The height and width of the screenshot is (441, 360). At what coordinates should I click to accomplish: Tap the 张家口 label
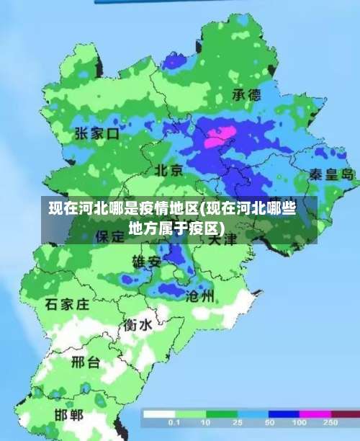pos(97,133)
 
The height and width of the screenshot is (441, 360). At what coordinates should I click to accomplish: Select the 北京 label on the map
pos(169,171)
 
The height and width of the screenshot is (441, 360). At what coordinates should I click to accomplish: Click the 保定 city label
pos(110,236)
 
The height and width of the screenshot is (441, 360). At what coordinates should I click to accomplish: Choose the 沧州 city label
pos(200,295)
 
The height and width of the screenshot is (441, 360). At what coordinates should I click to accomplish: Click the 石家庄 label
pos(67,304)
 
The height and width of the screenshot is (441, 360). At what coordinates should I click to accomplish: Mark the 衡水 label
pos(137,325)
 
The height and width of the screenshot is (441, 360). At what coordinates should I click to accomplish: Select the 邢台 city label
pos(86,362)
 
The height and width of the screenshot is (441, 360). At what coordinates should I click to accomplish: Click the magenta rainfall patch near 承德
pos(220,136)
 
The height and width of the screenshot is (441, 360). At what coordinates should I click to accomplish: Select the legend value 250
pos(330,422)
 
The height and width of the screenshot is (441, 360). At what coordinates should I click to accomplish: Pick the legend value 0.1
pos(174,422)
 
